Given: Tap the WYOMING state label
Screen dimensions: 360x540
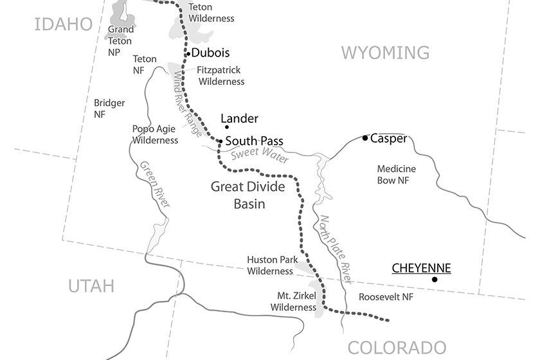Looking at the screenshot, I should pos(385,52).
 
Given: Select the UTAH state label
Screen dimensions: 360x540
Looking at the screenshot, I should pos(91,285).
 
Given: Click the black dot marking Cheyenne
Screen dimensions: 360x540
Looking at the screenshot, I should pos(435,279).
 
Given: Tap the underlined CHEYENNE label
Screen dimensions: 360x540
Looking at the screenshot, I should pos(421,267).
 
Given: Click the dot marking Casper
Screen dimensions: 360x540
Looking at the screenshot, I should pos(365,138).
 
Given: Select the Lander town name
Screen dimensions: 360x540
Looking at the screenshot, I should pos(239,119).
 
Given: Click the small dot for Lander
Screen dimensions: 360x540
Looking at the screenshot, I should pos(226,127).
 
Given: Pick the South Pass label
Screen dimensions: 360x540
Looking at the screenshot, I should pos(254,141).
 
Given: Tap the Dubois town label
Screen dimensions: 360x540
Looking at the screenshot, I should pos(211,53).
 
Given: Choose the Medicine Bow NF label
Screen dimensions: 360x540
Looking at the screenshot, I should pos(396,175).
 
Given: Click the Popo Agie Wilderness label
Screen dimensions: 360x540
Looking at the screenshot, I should pos(155,134).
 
